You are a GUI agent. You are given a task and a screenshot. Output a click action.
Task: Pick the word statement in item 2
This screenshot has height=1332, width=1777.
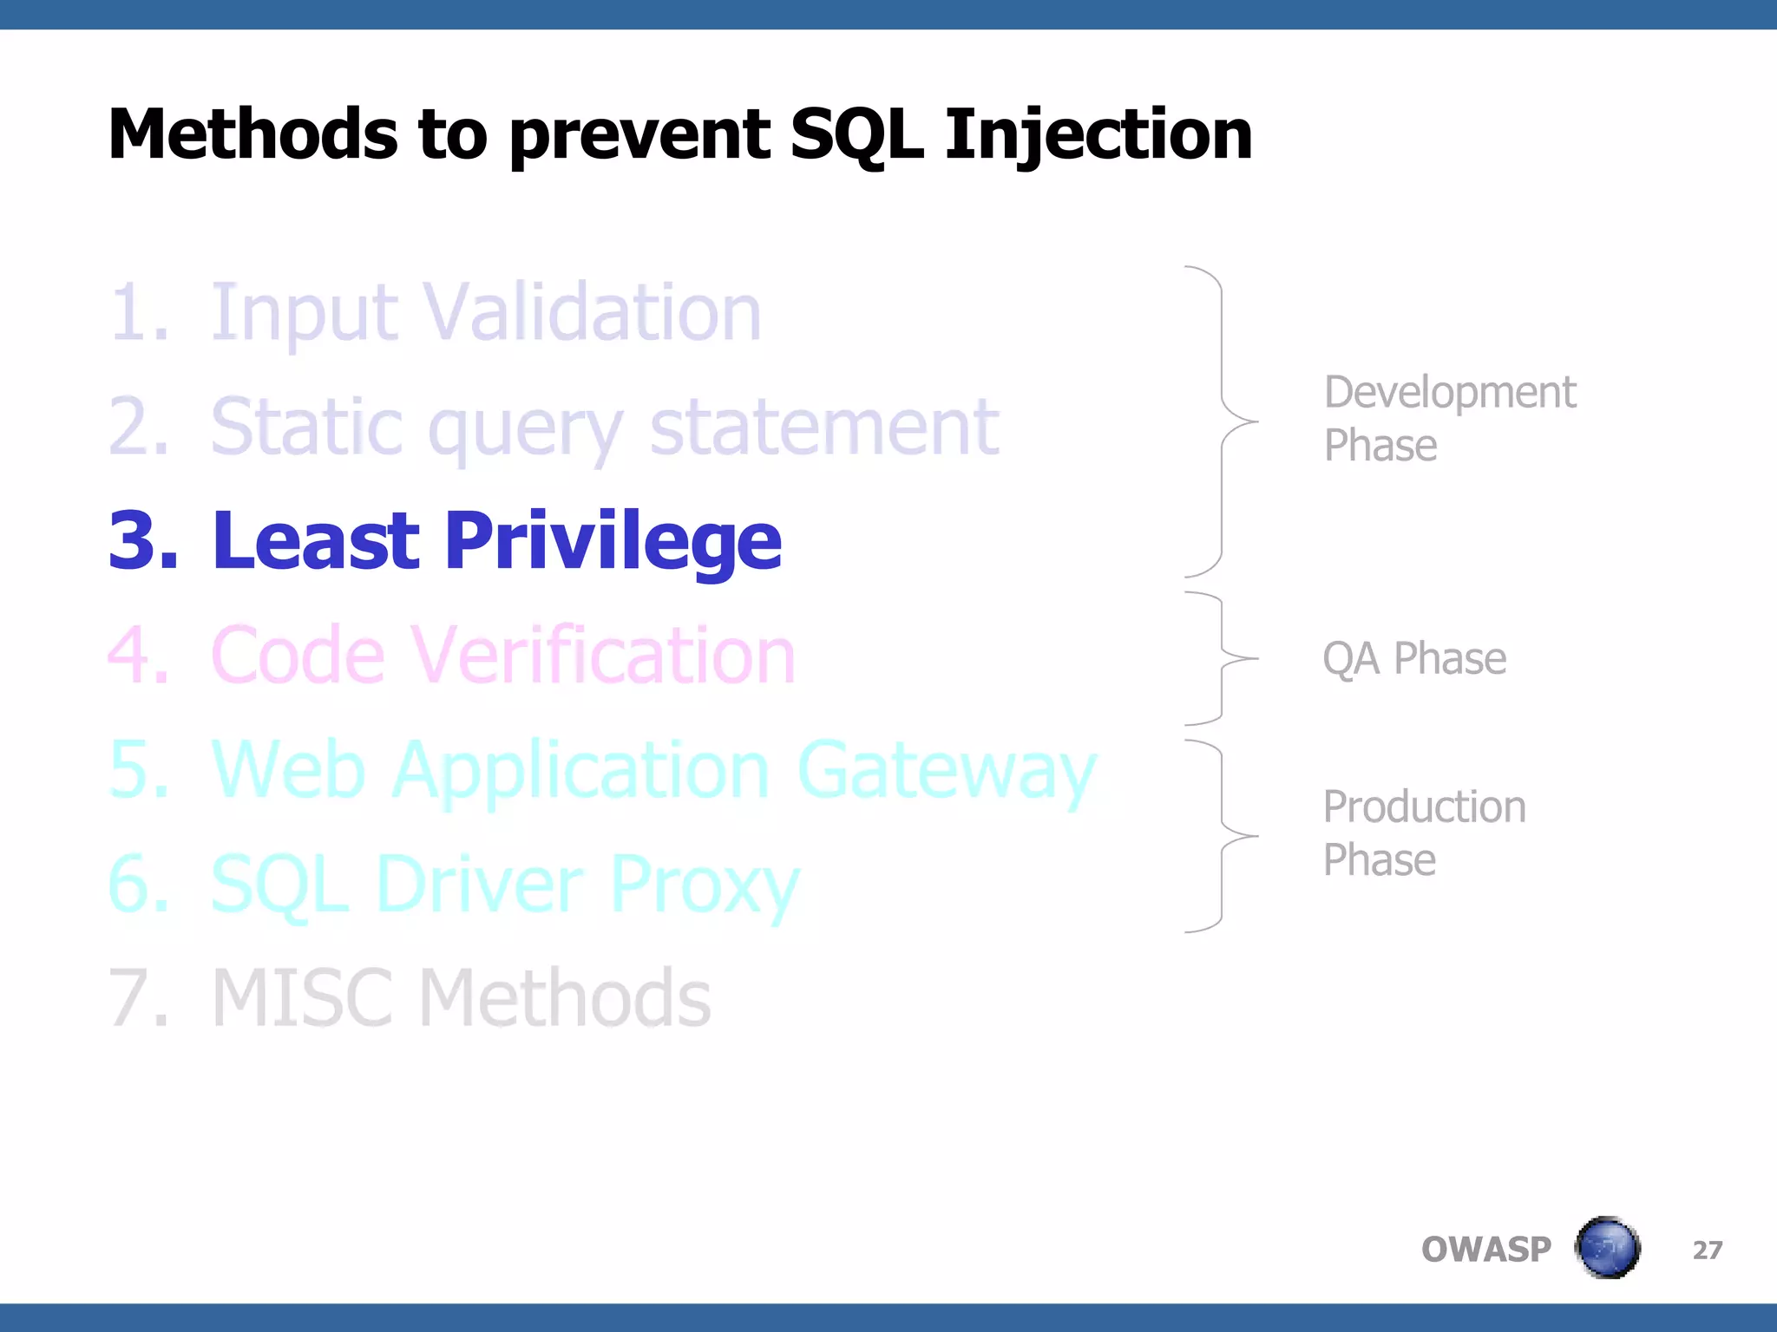coord(824,427)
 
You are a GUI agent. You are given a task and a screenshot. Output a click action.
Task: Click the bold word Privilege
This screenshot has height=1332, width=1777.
coord(613,541)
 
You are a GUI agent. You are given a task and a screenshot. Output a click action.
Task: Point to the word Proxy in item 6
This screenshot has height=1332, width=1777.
coord(704,885)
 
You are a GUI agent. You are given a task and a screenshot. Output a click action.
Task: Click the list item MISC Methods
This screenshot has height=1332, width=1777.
coord(461,999)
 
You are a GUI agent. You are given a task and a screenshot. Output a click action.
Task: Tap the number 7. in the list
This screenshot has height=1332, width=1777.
coord(139,999)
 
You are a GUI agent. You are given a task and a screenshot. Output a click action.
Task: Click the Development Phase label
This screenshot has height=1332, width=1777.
coord(1449,419)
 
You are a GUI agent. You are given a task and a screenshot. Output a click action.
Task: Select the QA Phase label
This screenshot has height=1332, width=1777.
coord(1414,658)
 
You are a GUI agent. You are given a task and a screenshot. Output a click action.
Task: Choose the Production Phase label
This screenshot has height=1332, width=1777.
coord(1424,833)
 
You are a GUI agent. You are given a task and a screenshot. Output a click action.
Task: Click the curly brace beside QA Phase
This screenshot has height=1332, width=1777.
coord(1223,658)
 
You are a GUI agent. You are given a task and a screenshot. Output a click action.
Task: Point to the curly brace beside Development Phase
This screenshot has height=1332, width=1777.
coord(1223,421)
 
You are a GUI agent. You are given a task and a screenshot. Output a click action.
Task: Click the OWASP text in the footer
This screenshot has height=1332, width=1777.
coord(1485,1250)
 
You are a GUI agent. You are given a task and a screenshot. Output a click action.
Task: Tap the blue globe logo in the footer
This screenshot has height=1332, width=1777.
coord(1607,1248)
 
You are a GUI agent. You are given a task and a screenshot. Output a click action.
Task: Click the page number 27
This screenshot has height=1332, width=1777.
coord(1707,1250)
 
